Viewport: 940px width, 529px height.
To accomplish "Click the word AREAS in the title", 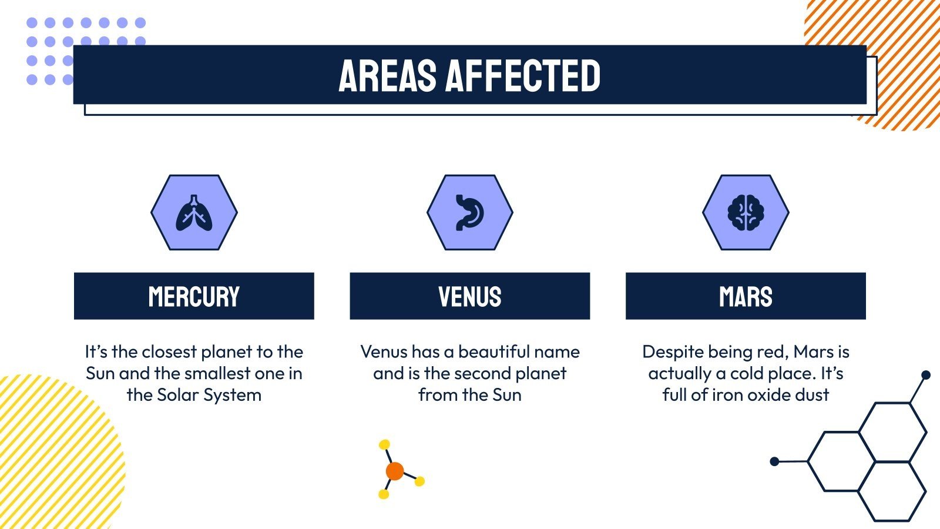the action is point(387,76).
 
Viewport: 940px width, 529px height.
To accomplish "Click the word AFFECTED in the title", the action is point(523,76).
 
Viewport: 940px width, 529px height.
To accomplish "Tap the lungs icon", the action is point(194,213).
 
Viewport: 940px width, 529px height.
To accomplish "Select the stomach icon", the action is point(470,212).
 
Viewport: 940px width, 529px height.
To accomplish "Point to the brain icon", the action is point(746,212).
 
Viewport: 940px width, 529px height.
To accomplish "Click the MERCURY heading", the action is point(194,296).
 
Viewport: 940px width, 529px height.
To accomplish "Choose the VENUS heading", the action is point(470,296).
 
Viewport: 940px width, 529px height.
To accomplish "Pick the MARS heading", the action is point(746,296).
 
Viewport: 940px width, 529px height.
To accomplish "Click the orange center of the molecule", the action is point(395,471).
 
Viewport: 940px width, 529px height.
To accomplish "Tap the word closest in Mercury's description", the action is point(170,352).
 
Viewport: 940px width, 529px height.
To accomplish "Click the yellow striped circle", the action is point(55,452).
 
